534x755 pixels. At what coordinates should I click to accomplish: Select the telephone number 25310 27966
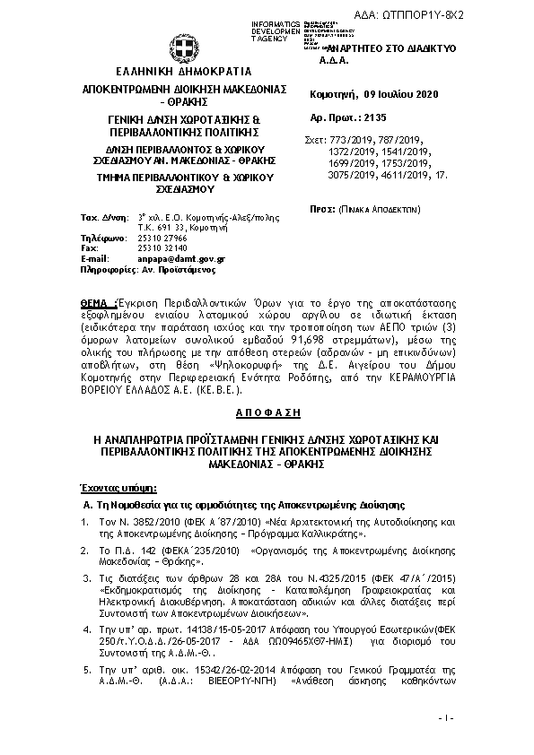pyautogui.click(x=156, y=238)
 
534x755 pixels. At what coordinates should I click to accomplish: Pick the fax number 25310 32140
pyautogui.click(x=156, y=247)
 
